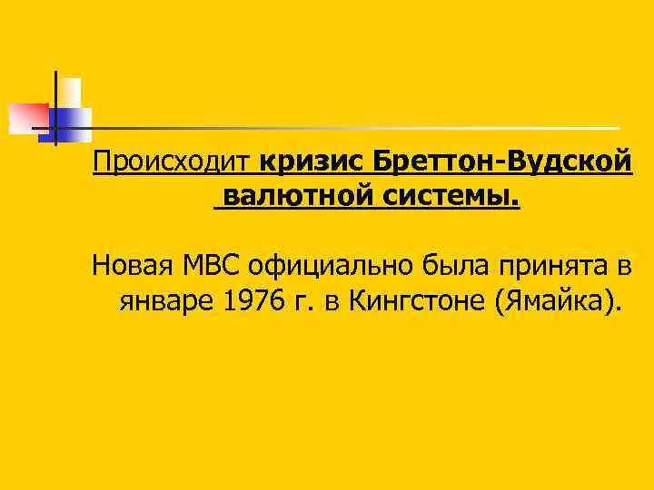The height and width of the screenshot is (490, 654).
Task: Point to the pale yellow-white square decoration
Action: (x=69, y=93)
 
